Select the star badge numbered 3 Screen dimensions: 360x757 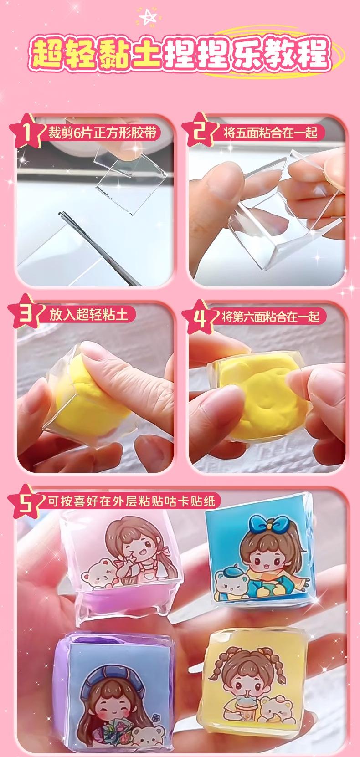[x=26, y=312]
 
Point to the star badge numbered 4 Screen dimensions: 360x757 [x=200, y=317]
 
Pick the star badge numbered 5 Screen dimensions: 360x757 [x=26, y=502]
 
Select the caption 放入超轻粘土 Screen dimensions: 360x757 [x=88, y=315]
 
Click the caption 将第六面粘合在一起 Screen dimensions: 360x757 [x=270, y=317]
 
